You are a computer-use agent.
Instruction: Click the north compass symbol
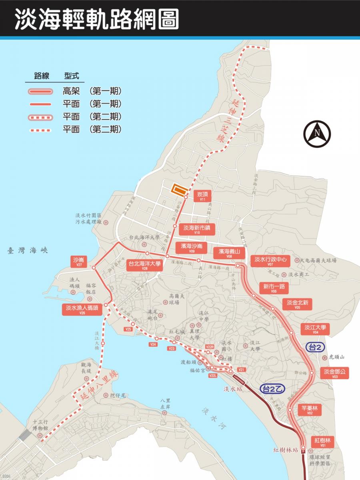(317, 134)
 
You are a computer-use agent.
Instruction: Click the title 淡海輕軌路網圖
(96, 18)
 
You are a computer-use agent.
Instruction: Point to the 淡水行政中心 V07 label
(270, 261)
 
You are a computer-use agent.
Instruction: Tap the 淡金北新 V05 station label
(297, 304)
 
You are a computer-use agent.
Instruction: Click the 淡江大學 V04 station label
(315, 329)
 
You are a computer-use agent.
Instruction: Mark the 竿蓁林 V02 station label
(310, 410)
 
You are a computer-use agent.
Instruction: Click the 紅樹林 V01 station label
(322, 442)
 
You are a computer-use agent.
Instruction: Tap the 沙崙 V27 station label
(78, 262)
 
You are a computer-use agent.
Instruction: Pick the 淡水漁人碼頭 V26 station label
(82, 310)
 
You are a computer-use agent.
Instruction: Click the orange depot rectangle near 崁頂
(179, 190)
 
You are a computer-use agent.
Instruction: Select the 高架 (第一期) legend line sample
(40, 92)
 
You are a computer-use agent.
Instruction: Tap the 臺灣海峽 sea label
(27, 251)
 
